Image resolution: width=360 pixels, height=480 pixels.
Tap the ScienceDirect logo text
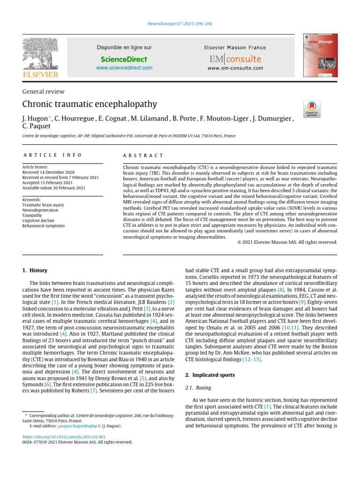click(124, 59)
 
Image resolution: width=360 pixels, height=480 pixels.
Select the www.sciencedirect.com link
click(124, 68)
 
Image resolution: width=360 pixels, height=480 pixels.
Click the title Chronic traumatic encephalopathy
click(90, 104)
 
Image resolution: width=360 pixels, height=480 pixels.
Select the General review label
click(44, 92)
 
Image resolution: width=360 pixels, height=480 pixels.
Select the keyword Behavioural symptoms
click(44, 225)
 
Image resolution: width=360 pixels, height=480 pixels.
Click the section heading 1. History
click(35, 270)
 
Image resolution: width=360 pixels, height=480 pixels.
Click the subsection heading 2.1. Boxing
click(198, 388)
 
